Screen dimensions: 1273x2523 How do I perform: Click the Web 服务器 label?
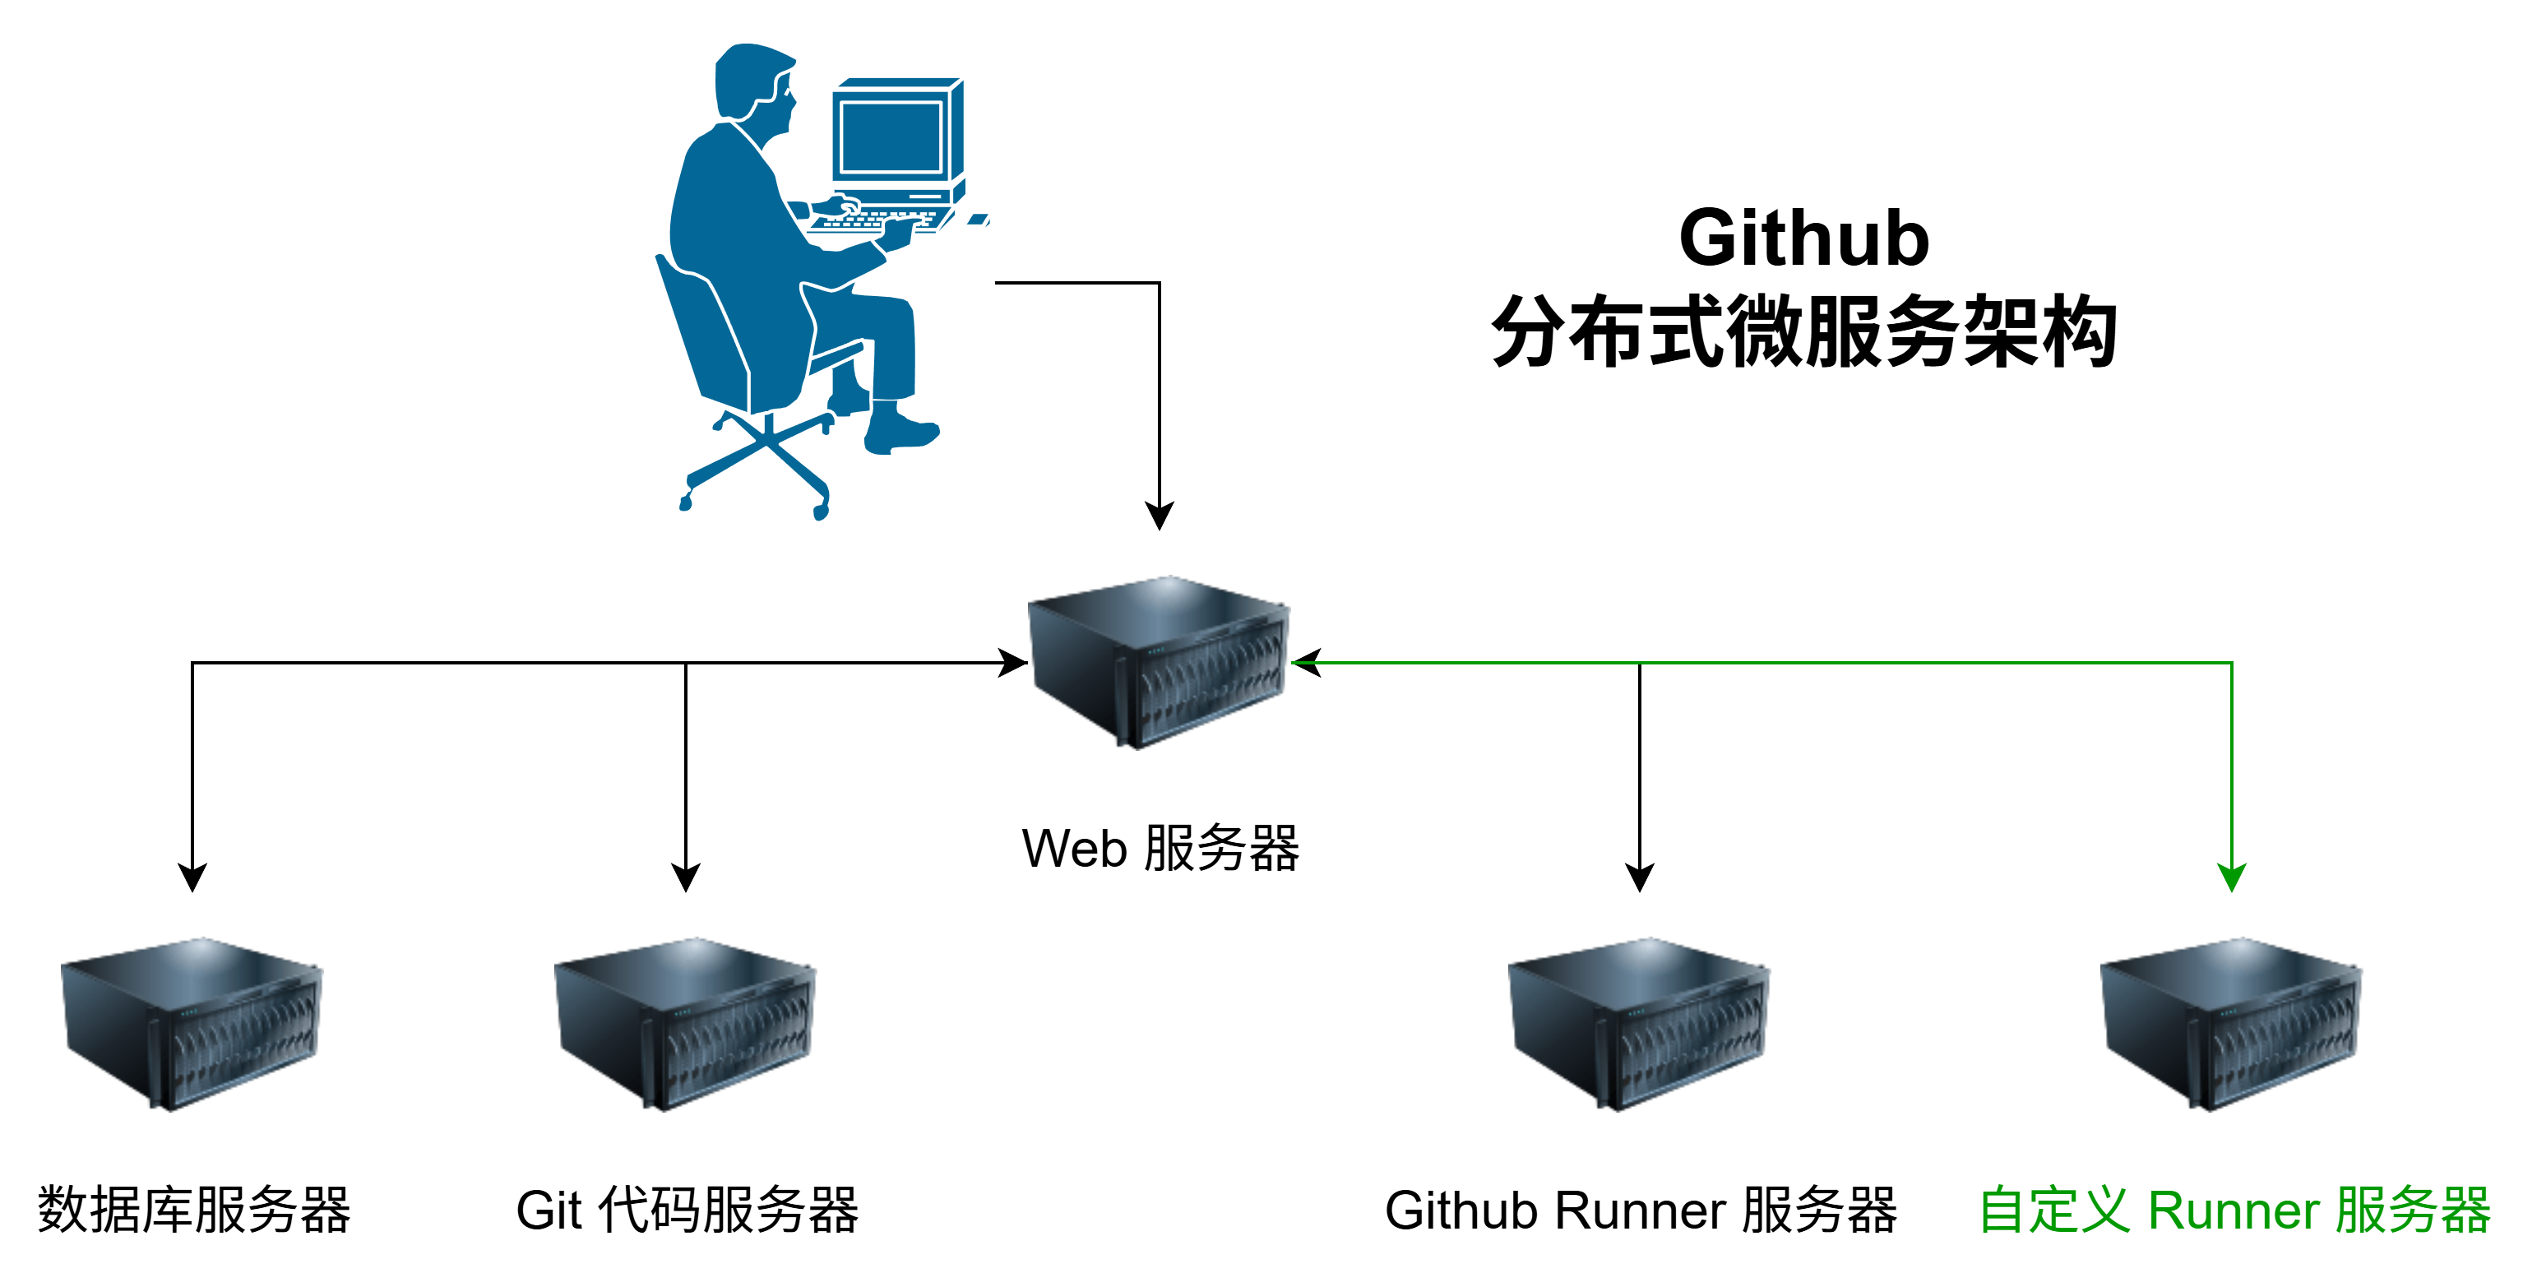coord(1160,848)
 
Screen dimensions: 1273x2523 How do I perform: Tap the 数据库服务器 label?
coord(195,1211)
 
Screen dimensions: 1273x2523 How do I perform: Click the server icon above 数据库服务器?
coord(192,1023)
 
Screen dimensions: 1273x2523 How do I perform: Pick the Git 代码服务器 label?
coord(687,1211)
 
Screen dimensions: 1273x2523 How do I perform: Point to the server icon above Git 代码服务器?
coord(686,1023)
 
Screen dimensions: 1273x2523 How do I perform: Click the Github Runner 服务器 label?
coord(1641,1211)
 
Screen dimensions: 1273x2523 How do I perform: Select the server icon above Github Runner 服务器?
coord(1640,1023)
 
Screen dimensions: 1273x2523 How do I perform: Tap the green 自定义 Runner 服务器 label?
coord(2233,1211)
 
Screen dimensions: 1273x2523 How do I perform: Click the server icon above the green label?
coord(2232,1023)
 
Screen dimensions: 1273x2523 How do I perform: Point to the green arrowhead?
coord(2231,877)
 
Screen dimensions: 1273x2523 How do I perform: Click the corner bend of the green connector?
coord(2231,663)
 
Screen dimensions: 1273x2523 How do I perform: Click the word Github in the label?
coord(1462,1211)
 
